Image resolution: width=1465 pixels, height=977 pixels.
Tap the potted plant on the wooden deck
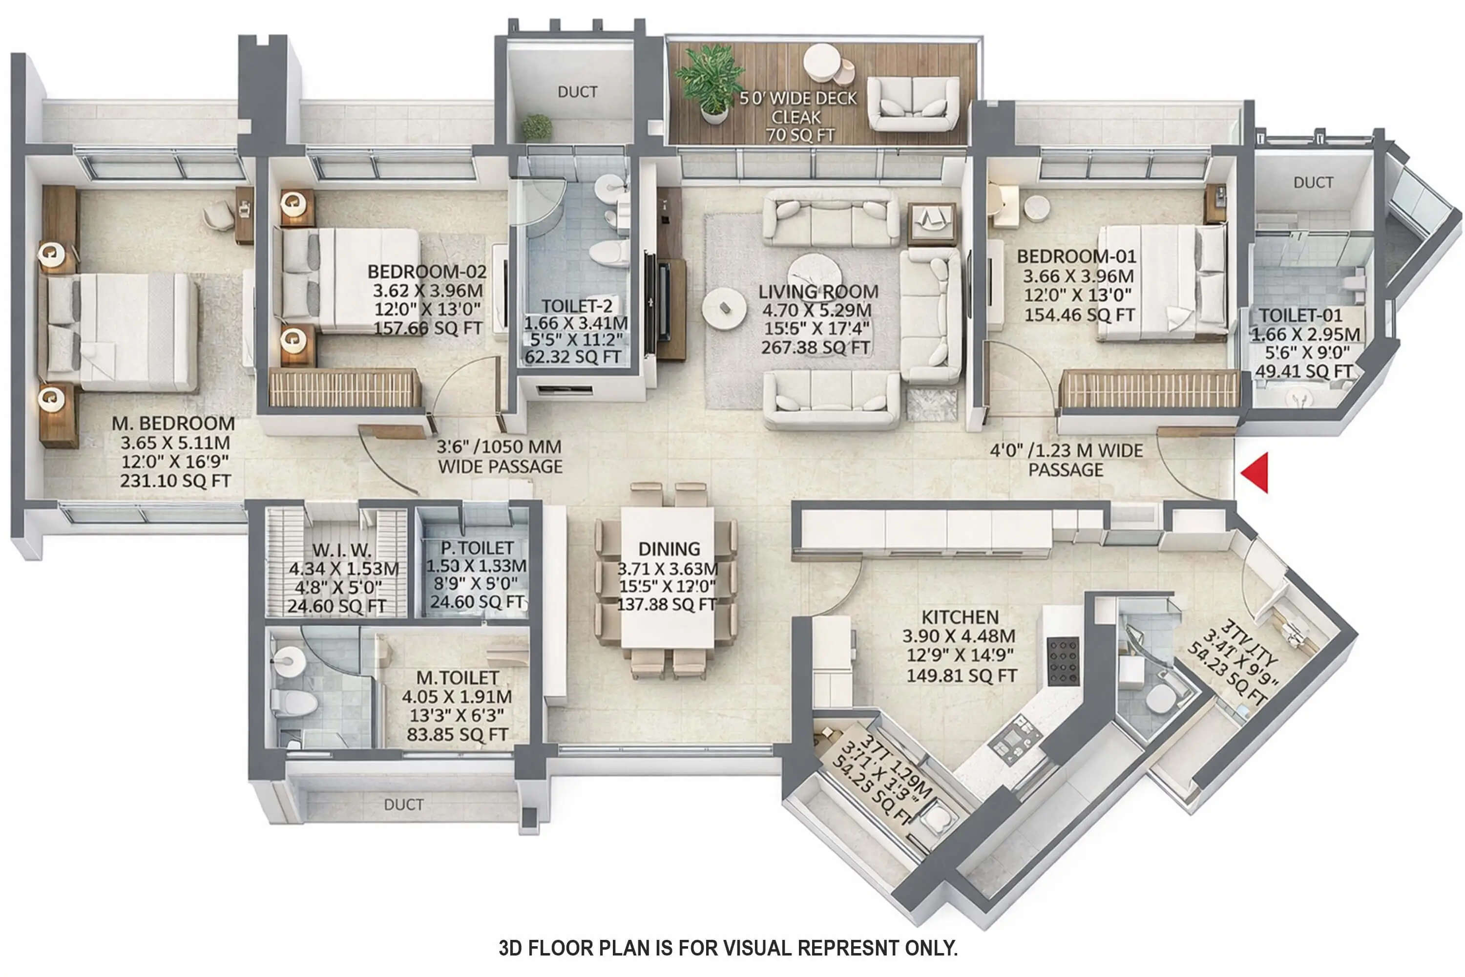(710, 81)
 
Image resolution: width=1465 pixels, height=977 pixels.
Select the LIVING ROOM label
(818, 292)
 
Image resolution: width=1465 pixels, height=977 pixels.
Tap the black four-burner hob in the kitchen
(1063, 661)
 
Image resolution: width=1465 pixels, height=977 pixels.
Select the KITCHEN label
(960, 617)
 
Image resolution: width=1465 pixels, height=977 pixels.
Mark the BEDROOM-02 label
(427, 272)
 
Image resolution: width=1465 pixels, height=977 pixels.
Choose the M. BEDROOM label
(173, 424)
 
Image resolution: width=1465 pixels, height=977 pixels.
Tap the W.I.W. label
(341, 550)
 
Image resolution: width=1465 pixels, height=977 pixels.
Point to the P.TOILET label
(477, 548)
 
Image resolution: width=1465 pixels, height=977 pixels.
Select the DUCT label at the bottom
(404, 805)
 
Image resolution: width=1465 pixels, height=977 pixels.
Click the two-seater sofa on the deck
(913, 104)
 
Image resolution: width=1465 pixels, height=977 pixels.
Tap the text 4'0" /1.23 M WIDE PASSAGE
(1067, 460)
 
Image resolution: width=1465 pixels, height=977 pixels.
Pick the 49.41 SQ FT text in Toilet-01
(1304, 371)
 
